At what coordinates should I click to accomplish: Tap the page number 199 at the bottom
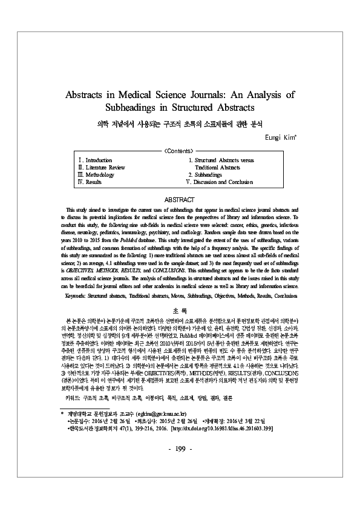[x=180, y=482]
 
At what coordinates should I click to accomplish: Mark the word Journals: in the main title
[x=209, y=95]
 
